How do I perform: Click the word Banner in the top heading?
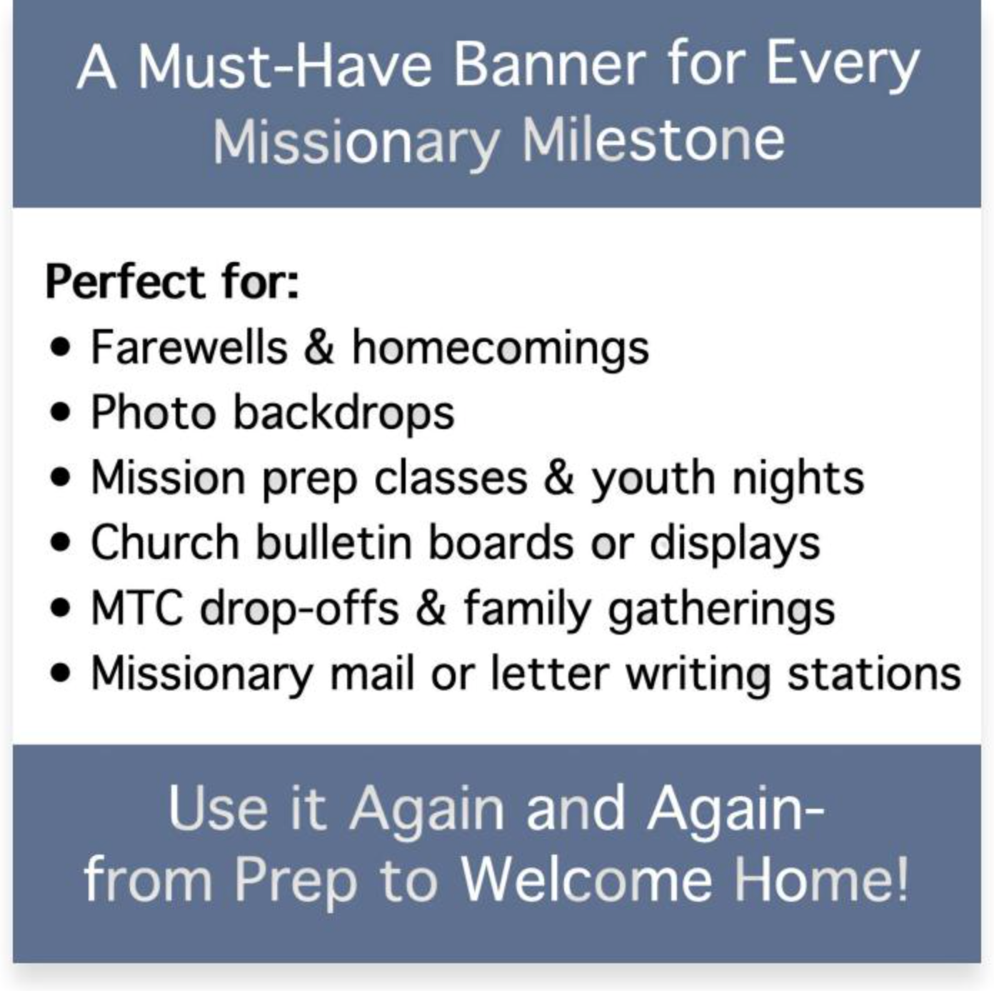549,65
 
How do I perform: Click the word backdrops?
343,413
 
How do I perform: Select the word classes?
451,478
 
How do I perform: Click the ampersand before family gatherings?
431,608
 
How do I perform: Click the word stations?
873,673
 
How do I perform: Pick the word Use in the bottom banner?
218,809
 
